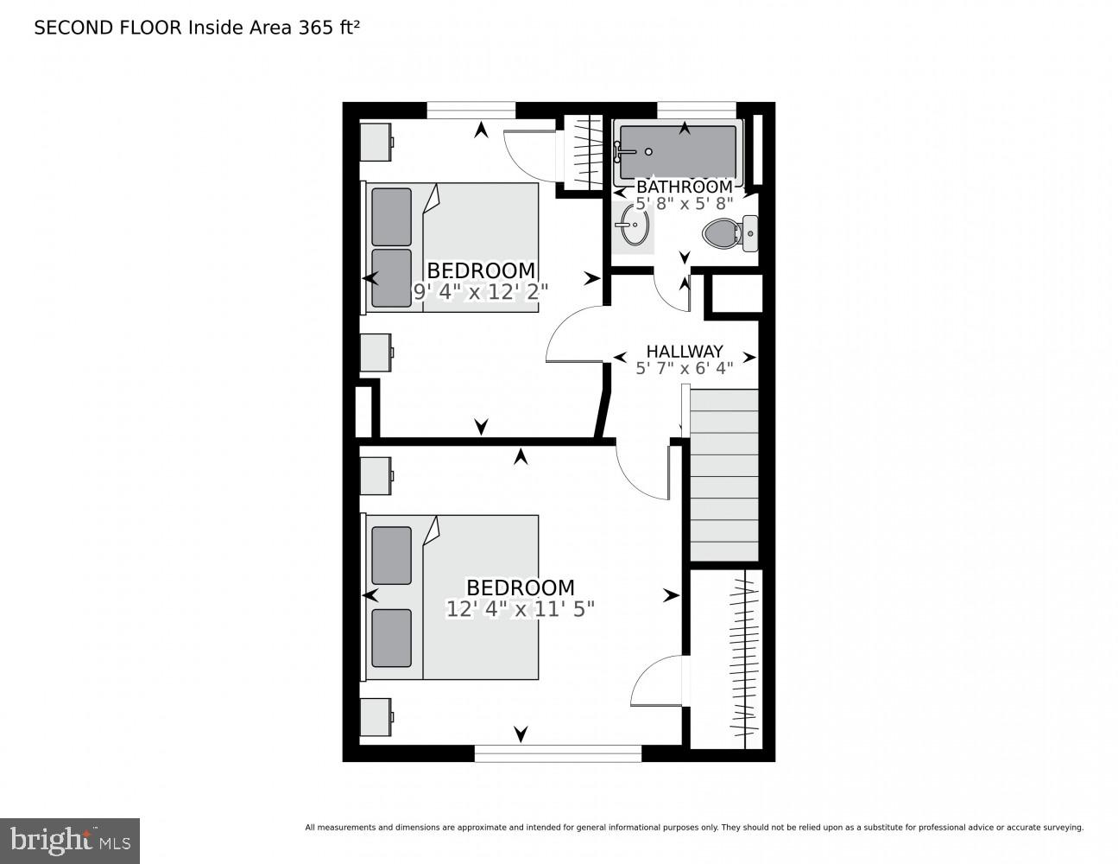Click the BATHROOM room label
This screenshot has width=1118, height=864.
pos(684,187)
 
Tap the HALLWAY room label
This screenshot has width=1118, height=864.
pos(684,352)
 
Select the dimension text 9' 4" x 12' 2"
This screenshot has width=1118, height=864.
pos(481,291)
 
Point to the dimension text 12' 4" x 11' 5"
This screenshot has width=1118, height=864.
pos(520,609)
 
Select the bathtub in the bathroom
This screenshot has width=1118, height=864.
pos(679,152)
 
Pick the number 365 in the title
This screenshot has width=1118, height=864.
pos(314,28)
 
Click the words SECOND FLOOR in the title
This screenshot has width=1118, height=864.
pos(108,28)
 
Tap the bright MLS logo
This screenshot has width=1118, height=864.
pos(69,841)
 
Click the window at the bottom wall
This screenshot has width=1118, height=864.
pos(558,753)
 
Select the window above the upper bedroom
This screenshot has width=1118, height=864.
pos(471,110)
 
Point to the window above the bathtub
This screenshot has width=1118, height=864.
pos(696,110)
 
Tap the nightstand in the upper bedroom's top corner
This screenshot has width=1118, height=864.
pos(376,142)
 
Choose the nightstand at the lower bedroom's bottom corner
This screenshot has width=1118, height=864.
pos(376,716)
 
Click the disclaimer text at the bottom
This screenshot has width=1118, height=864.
pos(693,828)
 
